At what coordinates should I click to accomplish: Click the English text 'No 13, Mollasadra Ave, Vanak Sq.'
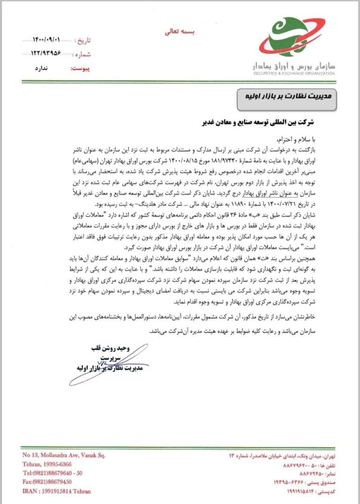(64, 455)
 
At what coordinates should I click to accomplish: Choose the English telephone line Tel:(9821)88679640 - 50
(52, 473)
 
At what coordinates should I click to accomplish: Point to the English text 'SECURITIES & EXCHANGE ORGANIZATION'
(294, 73)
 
